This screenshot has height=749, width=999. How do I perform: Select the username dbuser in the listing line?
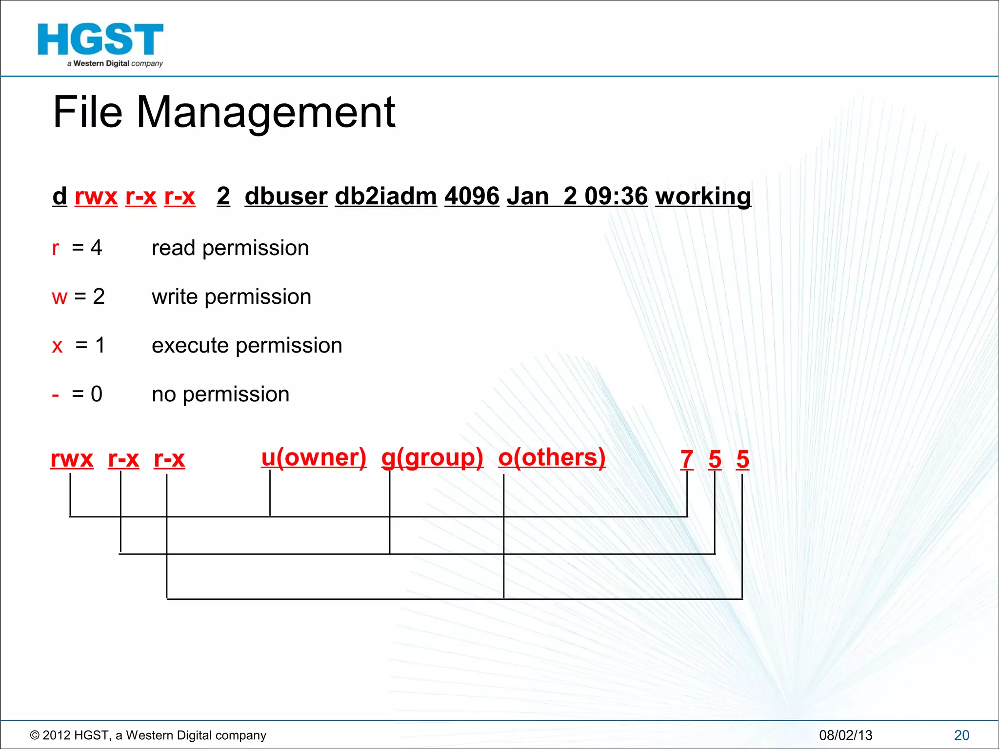tap(286, 197)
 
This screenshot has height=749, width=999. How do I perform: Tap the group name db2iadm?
tap(386, 197)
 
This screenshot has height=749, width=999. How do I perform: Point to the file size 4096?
tap(472, 197)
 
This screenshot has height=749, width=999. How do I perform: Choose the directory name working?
tap(703, 197)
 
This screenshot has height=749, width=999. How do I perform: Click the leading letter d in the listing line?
tap(60, 197)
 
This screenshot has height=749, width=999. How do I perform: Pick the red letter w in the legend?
tap(60, 297)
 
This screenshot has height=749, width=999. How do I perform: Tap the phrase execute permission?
tap(247, 346)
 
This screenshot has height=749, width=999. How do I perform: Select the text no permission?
tap(220, 394)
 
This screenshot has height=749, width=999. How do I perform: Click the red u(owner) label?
tap(314, 457)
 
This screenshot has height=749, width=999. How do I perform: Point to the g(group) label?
tap(432, 457)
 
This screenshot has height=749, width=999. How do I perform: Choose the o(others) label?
tap(552, 457)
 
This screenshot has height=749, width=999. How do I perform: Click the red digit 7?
tap(687, 459)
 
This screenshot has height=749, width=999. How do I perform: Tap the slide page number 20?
tap(961, 735)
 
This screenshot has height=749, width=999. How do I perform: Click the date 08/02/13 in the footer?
tap(845, 735)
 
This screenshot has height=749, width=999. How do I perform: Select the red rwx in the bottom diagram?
tap(72, 459)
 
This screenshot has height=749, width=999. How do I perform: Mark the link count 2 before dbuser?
tap(223, 197)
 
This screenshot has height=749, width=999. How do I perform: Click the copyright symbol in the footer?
tap(35, 735)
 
